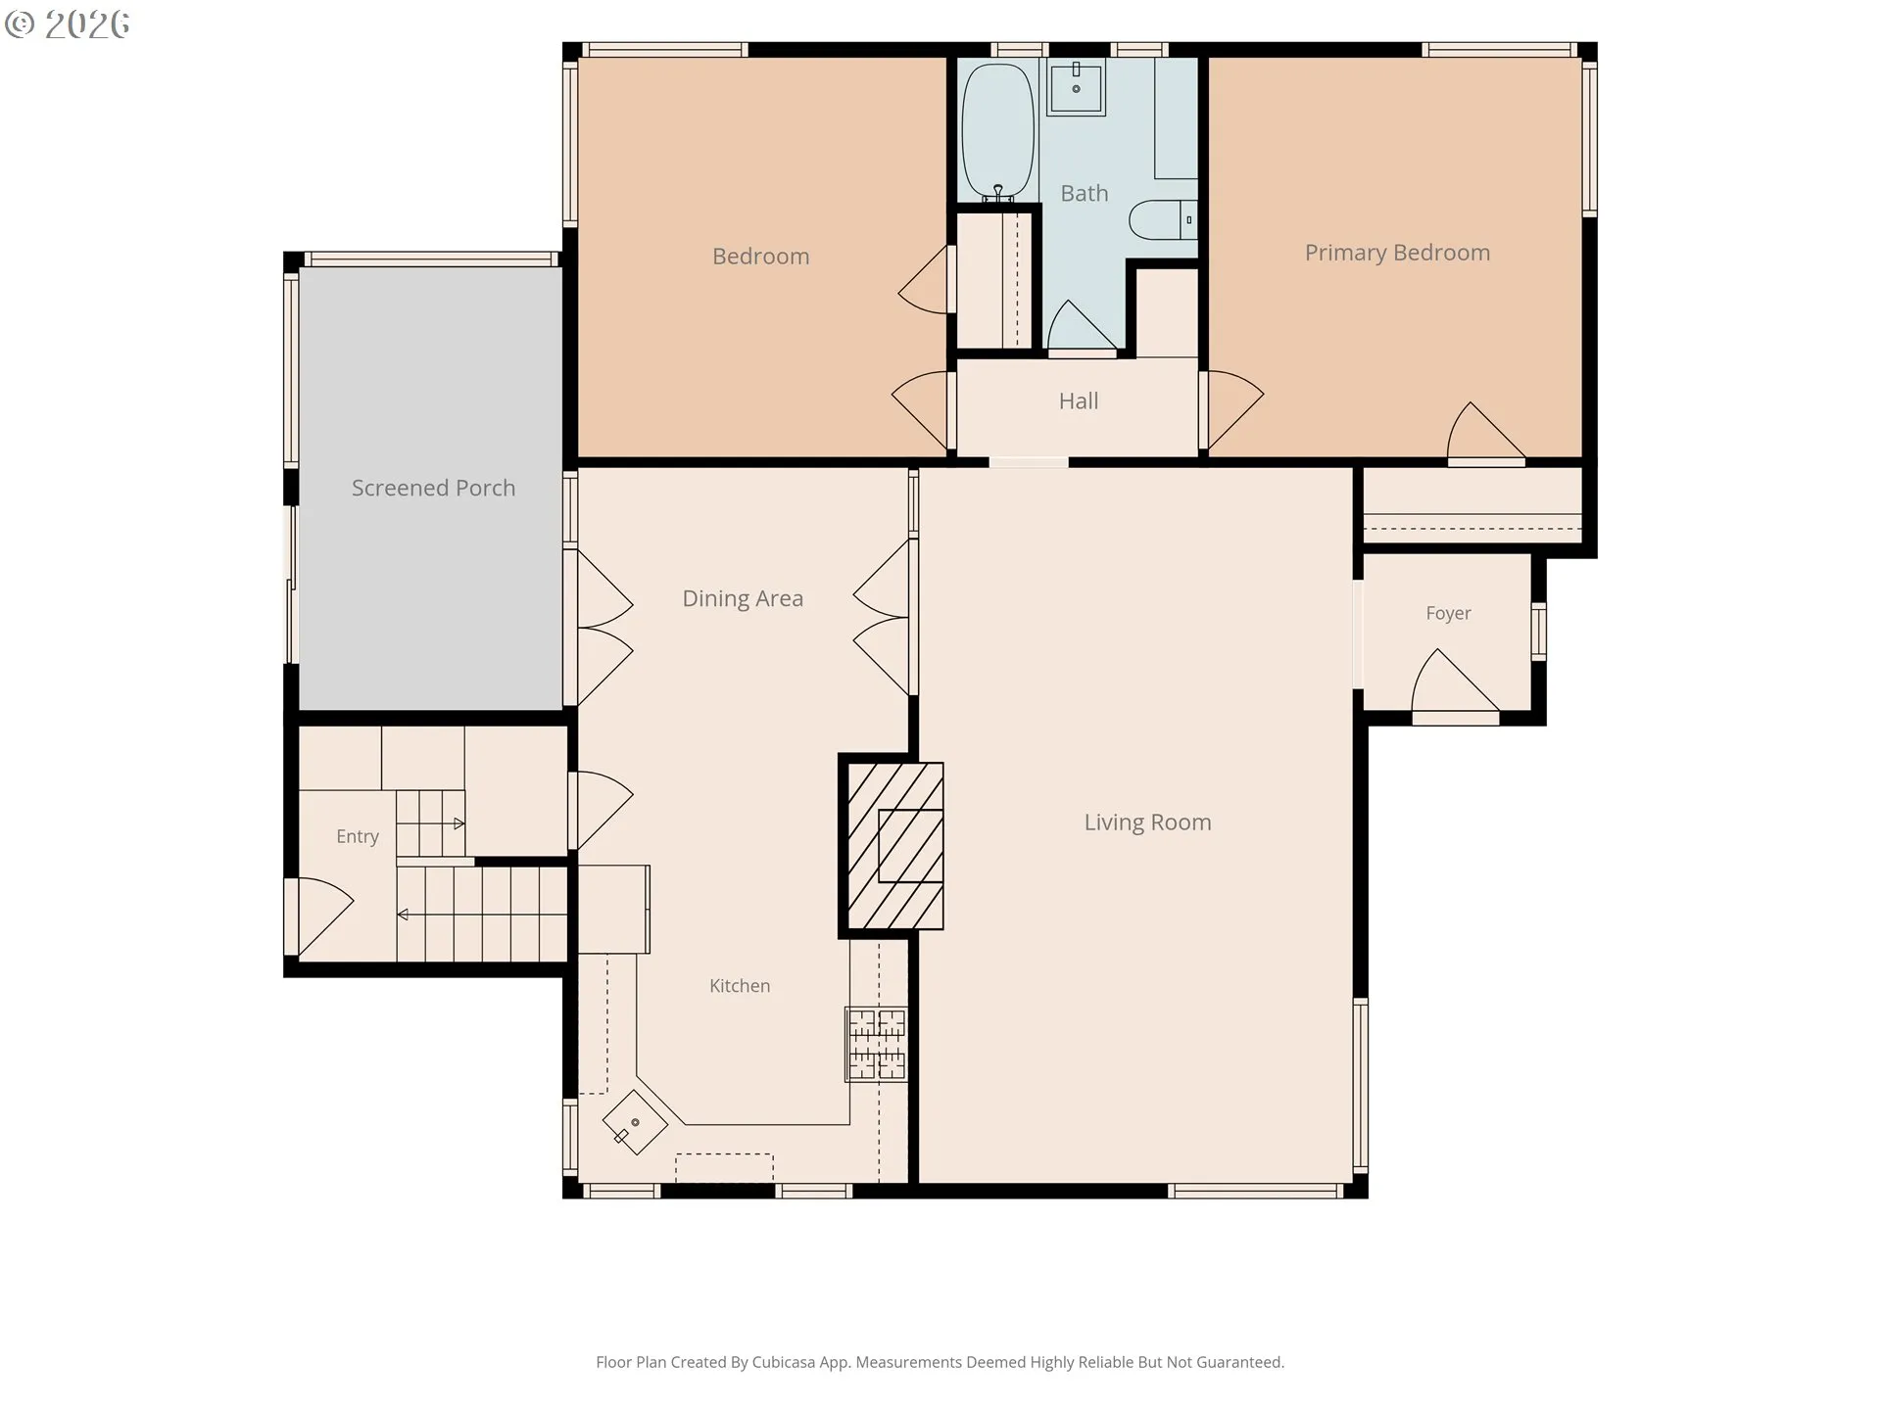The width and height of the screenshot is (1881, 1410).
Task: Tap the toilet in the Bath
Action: (x=1163, y=220)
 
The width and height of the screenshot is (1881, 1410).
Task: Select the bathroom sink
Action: (x=1077, y=86)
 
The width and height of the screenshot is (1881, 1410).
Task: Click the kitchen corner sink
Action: (x=635, y=1122)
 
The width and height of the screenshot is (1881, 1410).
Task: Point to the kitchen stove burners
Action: (x=877, y=1045)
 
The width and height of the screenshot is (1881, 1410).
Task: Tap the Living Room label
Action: (x=1147, y=822)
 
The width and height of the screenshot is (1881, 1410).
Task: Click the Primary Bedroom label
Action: (x=1397, y=253)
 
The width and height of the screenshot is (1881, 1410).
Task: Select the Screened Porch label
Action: (x=433, y=488)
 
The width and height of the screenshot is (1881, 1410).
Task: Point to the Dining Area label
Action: (x=743, y=598)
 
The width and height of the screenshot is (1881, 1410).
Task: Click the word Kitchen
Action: (x=740, y=986)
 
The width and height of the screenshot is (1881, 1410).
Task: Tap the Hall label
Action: (x=1079, y=401)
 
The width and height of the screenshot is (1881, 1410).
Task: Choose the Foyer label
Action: (x=1448, y=613)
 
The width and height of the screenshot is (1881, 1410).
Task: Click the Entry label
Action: (x=357, y=836)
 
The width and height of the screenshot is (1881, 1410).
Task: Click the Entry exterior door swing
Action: (x=319, y=916)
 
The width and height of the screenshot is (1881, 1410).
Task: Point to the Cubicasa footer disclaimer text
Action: (x=940, y=1362)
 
